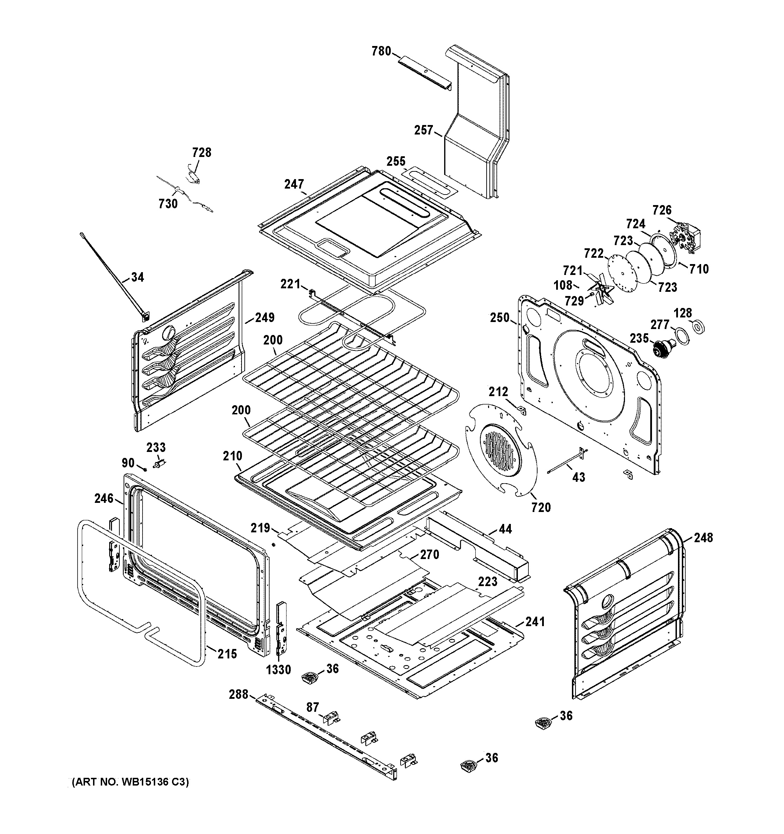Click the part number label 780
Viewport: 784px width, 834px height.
[x=381, y=52]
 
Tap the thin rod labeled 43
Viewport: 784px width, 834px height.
[x=566, y=463]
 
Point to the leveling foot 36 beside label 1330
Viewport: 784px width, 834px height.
[x=310, y=677]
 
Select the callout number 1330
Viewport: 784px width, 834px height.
[x=278, y=670]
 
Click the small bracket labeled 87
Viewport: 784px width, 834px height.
[x=331, y=718]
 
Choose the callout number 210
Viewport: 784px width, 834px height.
[x=232, y=456]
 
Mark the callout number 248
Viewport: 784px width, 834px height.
[x=703, y=537]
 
